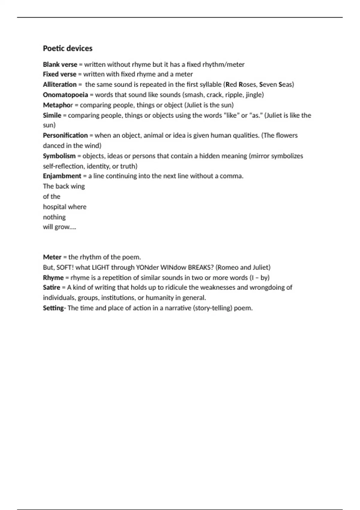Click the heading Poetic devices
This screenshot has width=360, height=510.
67,48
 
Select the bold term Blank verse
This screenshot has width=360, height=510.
60,64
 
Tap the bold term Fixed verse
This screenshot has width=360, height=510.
59,74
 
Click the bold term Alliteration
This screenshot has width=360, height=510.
59,85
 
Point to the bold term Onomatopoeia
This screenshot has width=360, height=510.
65,95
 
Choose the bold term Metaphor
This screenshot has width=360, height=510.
58,105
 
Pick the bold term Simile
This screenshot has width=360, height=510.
52,115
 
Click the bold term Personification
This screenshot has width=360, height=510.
65,135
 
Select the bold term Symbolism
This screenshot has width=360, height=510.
59,156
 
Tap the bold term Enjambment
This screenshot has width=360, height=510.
62,176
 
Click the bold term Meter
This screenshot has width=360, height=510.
52,257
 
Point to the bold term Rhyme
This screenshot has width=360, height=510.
53,277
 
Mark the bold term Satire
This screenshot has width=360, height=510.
52,287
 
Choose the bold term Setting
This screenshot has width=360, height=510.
53,308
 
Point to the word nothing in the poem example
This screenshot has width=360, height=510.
54,217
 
